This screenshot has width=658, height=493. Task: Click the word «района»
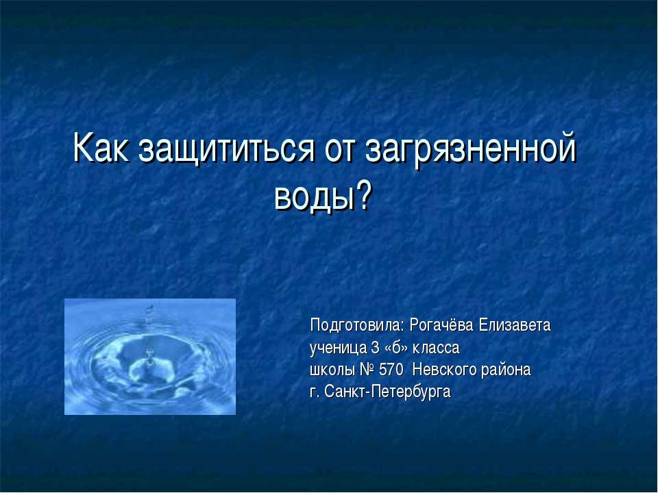coord(506,370)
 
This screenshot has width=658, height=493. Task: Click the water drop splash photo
coord(150,357)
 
